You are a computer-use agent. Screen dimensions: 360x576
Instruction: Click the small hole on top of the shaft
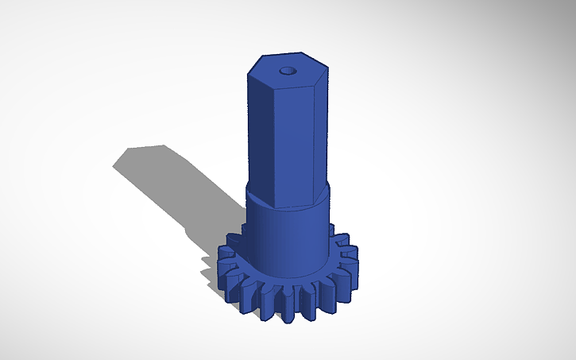tap(288, 69)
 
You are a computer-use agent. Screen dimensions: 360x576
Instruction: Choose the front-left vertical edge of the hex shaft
tap(276, 143)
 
